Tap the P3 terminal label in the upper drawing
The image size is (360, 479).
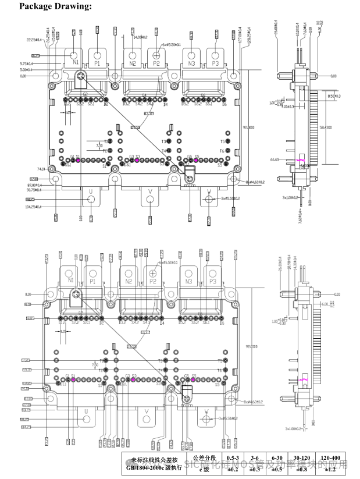(215, 62)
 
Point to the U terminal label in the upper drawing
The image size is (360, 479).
(90, 190)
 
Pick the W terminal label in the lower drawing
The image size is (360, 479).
(206, 410)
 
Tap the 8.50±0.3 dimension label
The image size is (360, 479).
(334, 95)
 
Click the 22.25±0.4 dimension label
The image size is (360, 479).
(35, 40)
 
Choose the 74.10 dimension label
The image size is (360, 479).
(41, 168)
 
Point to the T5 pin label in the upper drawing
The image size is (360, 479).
(222, 141)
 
